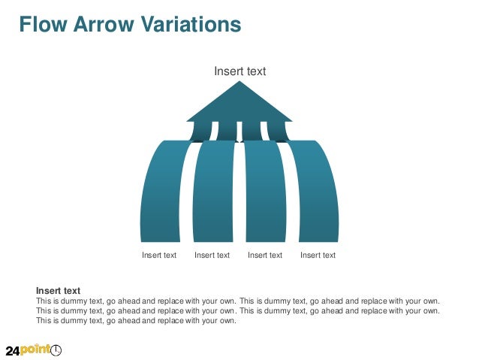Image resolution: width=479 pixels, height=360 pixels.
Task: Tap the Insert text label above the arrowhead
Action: [x=239, y=71]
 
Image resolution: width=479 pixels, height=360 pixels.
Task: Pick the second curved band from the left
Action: [x=213, y=195]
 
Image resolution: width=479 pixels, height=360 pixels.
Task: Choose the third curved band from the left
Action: [x=265, y=195]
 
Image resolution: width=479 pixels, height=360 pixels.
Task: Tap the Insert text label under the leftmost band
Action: [x=159, y=256]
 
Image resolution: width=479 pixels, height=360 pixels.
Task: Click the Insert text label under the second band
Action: [x=212, y=256]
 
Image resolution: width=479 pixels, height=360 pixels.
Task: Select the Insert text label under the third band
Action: [x=265, y=256]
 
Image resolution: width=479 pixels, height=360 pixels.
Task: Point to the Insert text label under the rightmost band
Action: [x=318, y=256]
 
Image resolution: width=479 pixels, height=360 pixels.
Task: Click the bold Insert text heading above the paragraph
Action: [x=58, y=290]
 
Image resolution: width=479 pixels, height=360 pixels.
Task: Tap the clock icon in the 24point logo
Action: [x=56, y=350]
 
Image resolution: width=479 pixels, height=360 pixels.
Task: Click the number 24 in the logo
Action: [x=13, y=351]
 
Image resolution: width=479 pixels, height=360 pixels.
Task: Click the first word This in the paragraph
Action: [x=44, y=301]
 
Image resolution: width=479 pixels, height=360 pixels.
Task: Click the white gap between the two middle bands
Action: [x=239, y=195]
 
